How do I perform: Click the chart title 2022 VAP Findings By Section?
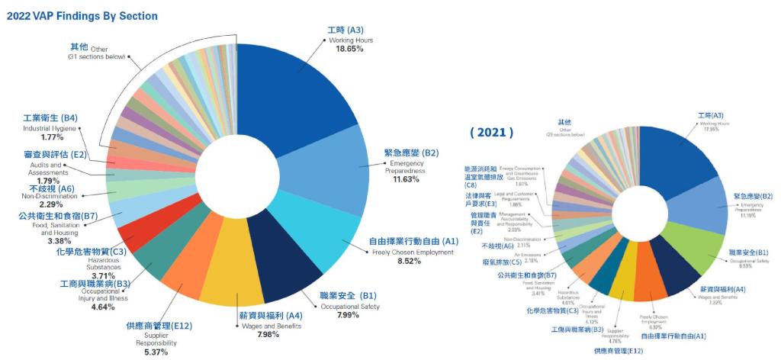pyautogui.click(x=82, y=15)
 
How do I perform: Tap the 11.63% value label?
pyautogui.click(x=405, y=179)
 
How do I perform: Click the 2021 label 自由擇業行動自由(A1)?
pyautogui.click(x=673, y=336)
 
